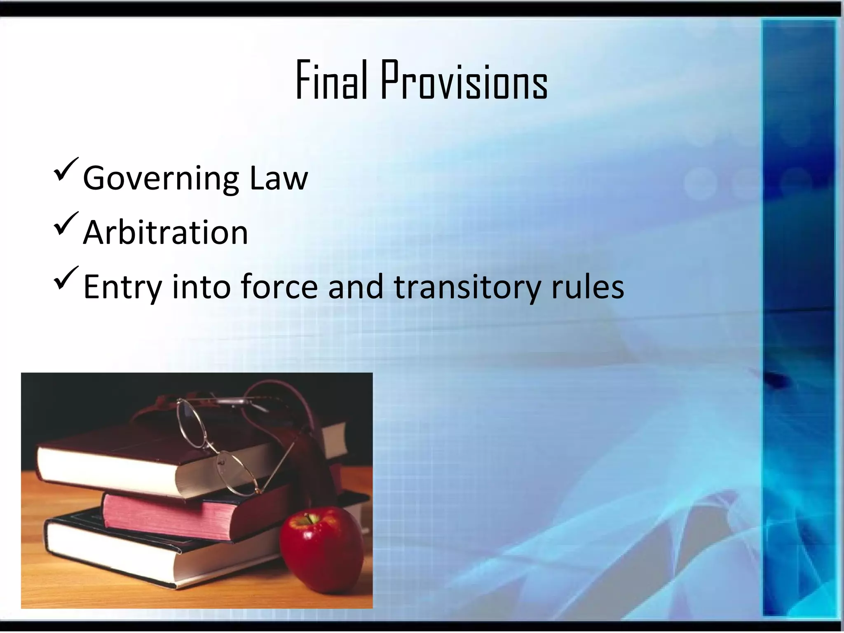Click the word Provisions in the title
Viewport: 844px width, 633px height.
pyautogui.click(x=464, y=81)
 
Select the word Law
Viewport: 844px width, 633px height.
pyautogui.click(x=279, y=178)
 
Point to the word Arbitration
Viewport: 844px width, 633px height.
pyautogui.click(x=166, y=232)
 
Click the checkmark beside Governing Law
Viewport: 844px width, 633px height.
pyautogui.click(x=66, y=171)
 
